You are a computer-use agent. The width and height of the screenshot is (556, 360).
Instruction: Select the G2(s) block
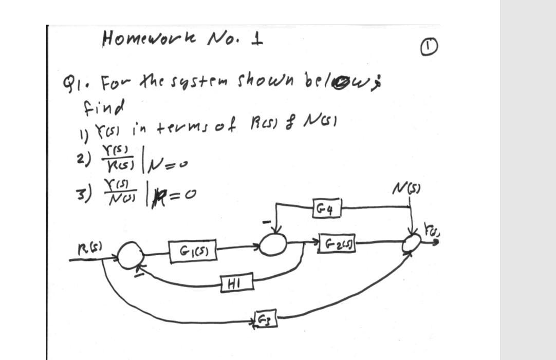coord(338,241)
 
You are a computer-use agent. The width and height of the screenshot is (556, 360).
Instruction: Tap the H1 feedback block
coord(237,282)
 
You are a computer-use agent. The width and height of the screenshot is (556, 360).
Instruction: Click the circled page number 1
coord(430,48)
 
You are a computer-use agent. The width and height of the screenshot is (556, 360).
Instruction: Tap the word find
coord(103,108)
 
